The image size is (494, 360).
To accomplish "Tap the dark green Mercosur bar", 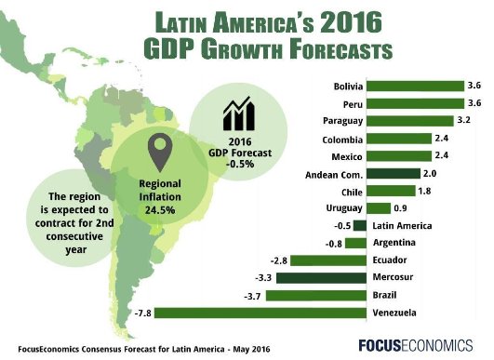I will (322, 277).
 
